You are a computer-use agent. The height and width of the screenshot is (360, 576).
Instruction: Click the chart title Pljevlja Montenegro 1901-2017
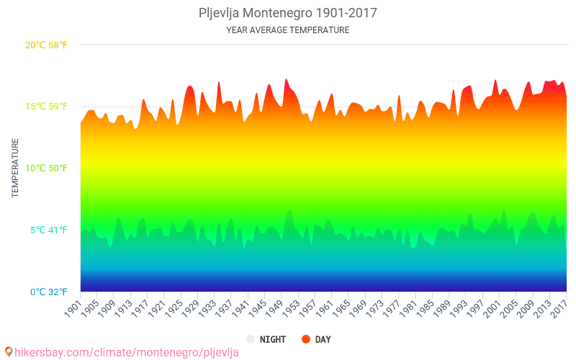tap(287, 13)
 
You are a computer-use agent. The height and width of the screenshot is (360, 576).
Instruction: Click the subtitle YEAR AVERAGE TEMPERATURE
tap(287, 30)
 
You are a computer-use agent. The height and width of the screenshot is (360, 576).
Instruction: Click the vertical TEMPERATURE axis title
tap(15, 168)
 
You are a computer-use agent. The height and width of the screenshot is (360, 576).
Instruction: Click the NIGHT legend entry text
tap(273, 339)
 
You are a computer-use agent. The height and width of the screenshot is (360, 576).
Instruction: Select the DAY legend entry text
tap(323, 339)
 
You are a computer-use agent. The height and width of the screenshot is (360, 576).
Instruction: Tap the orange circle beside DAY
tap(305, 339)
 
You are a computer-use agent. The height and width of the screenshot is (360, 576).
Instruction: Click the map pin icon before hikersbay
tap(8, 352)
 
